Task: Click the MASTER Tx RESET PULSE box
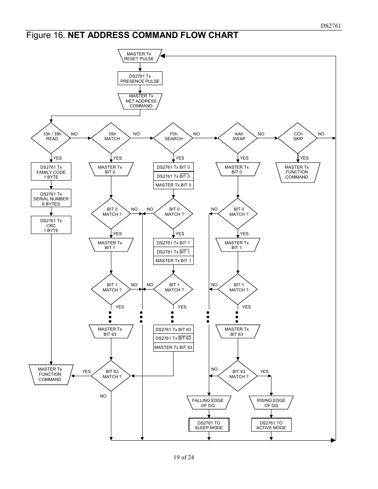click(139, 56)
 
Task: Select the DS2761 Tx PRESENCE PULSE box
click(140, 78)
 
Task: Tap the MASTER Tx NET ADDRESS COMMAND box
click(141, 101)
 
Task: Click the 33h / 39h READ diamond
click(52, 138)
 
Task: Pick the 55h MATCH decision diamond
click(111, 138)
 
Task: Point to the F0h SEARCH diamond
click(173, 138)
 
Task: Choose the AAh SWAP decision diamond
click(238, 138)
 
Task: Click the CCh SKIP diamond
click(298, 138)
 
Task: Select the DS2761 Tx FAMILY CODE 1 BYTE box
click(51, 172)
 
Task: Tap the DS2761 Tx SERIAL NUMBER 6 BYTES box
click(51, 199)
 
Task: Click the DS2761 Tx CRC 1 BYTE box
click(51, 225)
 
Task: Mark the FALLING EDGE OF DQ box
click(208, 403)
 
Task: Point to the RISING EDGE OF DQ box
click(271, 403)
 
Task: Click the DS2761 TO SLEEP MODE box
click(209, 425)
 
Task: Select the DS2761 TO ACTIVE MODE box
click(271, 425)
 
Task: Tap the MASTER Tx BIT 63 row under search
click(173, 347)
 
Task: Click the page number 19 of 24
click(183, 457)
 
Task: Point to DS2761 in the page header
click(330, 26)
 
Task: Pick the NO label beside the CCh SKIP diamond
click(321, 134)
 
